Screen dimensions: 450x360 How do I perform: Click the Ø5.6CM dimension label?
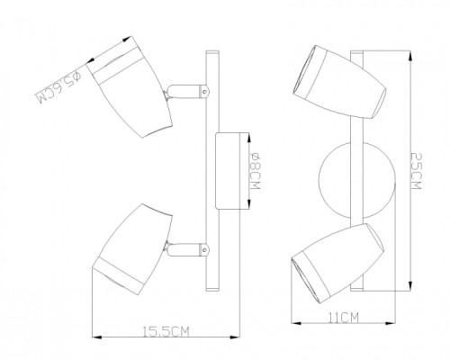click(x=58, y=87)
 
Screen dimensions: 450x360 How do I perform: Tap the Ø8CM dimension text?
click(x=256, y=171)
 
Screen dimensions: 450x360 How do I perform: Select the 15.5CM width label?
click(x=166, y=331)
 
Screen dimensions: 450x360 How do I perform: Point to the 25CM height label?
click(x=417, y=171)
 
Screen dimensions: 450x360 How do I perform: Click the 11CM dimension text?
click(x=344, y=318)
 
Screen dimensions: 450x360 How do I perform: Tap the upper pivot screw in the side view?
click(x=205, y=92)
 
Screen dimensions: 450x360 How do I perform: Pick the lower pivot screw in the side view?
click(x=205, y=249)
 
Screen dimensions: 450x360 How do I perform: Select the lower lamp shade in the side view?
click(x=132, y=250)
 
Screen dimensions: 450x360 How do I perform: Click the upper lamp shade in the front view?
click(x=339, y=82)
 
